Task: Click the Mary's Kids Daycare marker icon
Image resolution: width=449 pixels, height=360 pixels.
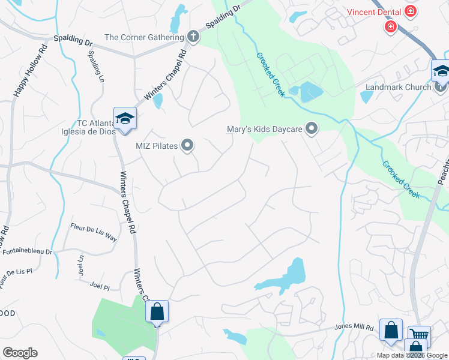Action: click(312, 128)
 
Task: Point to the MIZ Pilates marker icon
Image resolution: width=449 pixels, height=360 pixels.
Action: click(188, 145)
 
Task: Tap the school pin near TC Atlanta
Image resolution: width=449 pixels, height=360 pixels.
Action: click(125, 118)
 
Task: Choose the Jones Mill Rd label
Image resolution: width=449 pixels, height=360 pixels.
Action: click(354, 328)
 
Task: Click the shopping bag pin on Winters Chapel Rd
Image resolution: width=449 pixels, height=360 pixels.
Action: click(157, 312)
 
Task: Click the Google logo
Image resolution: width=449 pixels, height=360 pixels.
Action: click(20, 353)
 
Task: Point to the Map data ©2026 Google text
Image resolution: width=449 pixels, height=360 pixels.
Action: click(412, 355)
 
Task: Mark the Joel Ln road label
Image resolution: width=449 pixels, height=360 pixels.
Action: click(80, 266)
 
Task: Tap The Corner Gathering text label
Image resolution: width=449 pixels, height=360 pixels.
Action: click(144, 37)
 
